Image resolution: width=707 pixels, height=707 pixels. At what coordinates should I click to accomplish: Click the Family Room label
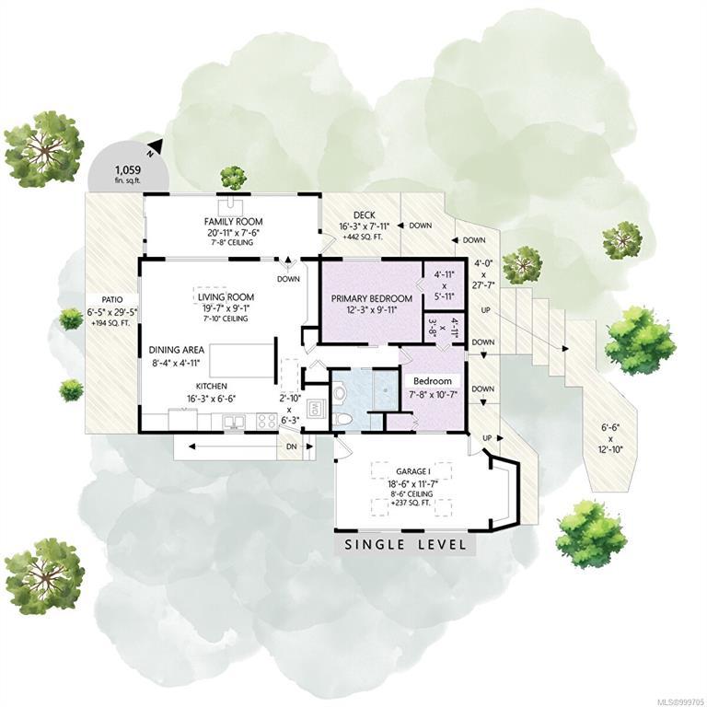click(233, 221)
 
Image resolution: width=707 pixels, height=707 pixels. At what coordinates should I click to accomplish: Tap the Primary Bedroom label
click(372, 298)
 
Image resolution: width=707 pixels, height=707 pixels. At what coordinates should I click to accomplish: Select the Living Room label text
click(226, 297)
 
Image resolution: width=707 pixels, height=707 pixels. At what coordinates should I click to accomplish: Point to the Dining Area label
click(177, 350)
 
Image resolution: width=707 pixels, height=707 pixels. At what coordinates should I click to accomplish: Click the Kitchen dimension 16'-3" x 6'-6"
click(212, 399)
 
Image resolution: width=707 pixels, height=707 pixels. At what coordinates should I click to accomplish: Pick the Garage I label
click(411, 471)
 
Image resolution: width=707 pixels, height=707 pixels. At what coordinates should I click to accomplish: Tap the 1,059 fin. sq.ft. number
click(128, 170)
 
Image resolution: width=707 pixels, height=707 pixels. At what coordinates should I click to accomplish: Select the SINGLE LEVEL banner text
click(405, 544)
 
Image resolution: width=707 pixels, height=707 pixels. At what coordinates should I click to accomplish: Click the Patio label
click(111, 299)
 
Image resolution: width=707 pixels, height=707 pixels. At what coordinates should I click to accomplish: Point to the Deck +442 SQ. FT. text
click(363, 237)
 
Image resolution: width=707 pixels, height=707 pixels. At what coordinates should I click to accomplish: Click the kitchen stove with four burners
click(266, 421)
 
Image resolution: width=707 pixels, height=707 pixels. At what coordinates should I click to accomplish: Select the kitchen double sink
click(234, 422)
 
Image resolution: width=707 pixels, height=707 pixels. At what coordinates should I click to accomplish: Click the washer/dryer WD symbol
click(313, 411)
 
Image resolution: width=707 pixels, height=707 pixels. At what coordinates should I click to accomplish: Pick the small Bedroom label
click(433, 381)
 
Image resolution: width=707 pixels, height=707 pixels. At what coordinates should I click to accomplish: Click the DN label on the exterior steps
click(292, 446)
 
